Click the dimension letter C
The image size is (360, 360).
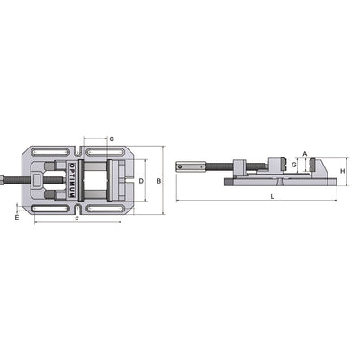(111, 139)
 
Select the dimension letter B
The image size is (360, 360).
(158, 181)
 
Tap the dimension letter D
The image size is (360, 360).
(140, 181)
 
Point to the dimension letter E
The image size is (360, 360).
(17, 217)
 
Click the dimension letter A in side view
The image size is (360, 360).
(305, 154)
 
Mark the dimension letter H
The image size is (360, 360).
(343, 171)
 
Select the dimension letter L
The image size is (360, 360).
(272, 195)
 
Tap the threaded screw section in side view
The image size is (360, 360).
(215, 166)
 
